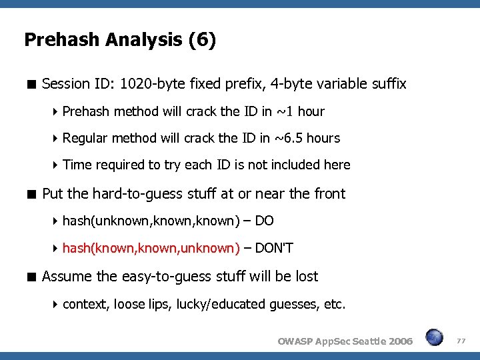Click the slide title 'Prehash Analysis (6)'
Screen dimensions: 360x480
[x=120, y=41]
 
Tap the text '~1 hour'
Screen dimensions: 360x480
[x=302, y=111]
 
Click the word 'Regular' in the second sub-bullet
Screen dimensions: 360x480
[x=85, y=139]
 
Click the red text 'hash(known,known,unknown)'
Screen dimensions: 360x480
[x=151, y=249]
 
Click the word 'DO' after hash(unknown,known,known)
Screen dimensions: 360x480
[x=265, y=221]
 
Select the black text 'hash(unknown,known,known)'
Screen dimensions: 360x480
[x=151, y=221]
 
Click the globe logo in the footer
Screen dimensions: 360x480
[x=434, y=338]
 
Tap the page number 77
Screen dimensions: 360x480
[x=461, y=341]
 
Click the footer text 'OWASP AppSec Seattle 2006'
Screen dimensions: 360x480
[x=345, y=341]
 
